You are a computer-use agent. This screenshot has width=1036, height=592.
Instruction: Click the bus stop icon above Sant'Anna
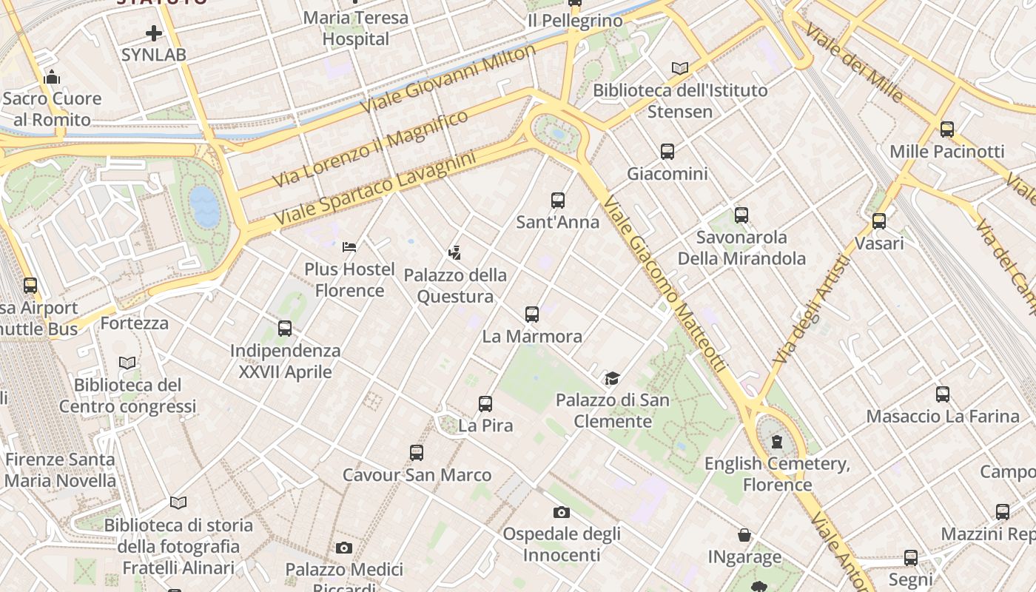[x=558, y=200]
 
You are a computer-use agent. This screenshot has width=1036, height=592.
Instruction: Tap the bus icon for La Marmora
[x=531, y=314]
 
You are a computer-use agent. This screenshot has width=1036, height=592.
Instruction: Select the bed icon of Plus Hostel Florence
[x=350, y=246]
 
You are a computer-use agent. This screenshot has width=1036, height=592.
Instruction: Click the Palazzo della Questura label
[x=455, y=286]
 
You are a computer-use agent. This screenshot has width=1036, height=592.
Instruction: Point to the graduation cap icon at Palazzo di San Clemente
[x=612, y=379]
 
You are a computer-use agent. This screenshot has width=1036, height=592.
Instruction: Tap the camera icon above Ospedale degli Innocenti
[x=562, y=512]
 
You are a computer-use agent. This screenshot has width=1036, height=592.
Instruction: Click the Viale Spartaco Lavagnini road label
[x=374, y=189]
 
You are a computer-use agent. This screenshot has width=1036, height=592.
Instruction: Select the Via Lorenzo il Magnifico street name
[x=370, y=149]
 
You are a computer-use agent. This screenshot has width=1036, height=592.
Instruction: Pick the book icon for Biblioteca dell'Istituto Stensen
[x=680, y=69]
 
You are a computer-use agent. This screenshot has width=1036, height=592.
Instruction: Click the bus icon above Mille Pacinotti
[x=947, y=129]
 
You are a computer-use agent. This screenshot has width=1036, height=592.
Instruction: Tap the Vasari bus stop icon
[x=879, y=221]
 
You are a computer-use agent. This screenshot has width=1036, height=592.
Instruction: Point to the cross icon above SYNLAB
[x=154, y=33]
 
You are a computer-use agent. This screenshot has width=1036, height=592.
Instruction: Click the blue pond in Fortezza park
[x=204, y=206]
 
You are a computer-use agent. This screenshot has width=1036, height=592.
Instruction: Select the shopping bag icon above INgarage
[x=744, y=535]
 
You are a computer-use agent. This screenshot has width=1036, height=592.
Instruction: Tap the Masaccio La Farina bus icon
[x=943, y=394]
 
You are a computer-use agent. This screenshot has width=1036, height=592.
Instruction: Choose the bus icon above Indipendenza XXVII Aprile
[x=285, y=329]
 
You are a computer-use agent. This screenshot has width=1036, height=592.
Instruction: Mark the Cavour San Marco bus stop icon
[x=417, y=453]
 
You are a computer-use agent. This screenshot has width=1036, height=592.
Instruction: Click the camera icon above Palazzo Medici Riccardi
[x=344, y=548]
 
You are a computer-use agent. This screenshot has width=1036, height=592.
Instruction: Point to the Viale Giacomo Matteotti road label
[x=664, y=285]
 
